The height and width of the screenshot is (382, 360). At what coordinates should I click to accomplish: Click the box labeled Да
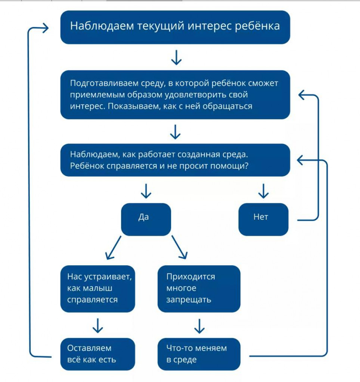[146, 219]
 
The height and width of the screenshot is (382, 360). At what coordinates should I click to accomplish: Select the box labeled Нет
[263, 219]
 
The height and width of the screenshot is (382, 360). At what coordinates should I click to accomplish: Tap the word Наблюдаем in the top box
[102, 26]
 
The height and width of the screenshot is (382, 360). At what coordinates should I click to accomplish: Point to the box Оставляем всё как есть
[97, 354]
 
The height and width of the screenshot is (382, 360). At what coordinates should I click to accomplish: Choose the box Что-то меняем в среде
[199, 354]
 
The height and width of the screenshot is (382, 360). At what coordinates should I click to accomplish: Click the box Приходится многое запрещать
[199, 289]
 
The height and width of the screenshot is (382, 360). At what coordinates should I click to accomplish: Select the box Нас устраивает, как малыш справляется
[97, 289]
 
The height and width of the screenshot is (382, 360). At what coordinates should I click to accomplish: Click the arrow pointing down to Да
[146, 191]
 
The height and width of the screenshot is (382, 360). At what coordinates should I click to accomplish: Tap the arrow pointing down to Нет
[263, 191]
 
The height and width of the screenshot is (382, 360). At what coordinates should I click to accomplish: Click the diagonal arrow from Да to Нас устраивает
[113, 248]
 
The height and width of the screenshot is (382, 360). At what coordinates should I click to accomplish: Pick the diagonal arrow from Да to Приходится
[180, 247]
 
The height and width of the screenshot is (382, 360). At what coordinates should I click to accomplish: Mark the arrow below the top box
[176, 58]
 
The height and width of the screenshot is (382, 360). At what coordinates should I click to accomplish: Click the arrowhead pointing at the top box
[46, 28]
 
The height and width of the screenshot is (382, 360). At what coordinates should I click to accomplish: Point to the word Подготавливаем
[104, 84]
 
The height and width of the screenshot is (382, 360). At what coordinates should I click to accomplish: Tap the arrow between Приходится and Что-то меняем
[199, 326]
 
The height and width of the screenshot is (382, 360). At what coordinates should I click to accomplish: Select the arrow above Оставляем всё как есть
[98, 326]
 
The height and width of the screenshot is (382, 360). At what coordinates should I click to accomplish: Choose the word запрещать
[189, 300]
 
